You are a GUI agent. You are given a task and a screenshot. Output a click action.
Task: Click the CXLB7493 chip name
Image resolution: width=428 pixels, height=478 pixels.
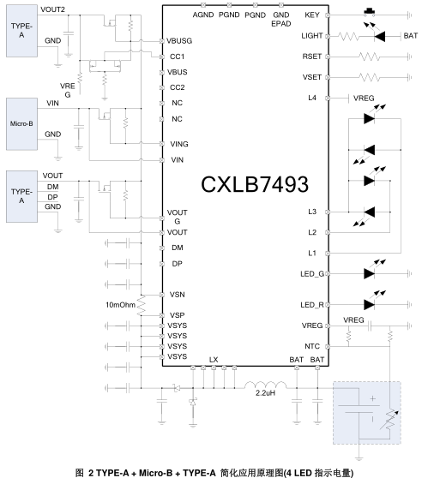(255, 184)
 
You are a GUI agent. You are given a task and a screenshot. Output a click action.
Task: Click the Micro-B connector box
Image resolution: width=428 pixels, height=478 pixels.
(21, 123)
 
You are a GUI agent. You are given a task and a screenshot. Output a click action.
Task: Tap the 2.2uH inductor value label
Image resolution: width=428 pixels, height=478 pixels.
(265, 393)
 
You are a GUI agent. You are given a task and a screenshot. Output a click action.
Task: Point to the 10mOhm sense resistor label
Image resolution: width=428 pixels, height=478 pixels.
(120, 305)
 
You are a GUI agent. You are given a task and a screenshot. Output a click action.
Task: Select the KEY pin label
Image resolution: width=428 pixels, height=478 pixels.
(312, 15)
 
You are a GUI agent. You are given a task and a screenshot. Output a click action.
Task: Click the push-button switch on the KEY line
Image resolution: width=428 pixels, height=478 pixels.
(370, 12)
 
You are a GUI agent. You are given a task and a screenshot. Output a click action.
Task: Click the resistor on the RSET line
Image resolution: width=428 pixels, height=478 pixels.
(370, 57)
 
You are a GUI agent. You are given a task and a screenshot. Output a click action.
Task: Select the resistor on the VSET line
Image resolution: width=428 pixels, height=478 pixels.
(370, 77)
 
